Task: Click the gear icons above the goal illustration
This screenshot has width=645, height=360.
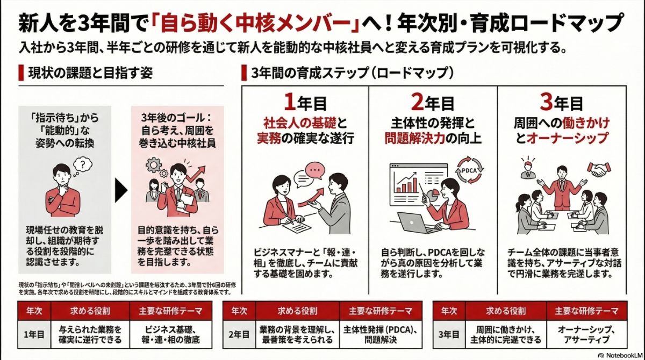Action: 154,164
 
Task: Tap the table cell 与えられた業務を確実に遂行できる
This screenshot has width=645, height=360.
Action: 89,334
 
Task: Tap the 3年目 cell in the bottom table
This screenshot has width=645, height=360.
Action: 449,334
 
